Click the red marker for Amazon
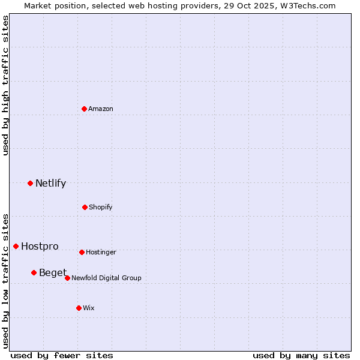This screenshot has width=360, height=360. click(85, 109)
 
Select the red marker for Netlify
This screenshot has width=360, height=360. click(30, 183)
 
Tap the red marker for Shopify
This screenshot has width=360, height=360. click(85, 207)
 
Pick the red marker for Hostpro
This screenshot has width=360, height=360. click(16, 246)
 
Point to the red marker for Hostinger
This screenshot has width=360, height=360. click(82, 252)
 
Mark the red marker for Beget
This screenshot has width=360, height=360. click(34, 272)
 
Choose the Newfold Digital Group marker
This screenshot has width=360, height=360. click(67, 278)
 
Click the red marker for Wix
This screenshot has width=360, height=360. click(79, 308)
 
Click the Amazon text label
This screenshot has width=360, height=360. click(101, 109)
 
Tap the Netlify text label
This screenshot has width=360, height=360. click(50, 183)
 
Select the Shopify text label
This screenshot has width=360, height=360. click(101, 207)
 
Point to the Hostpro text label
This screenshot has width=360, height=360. click(40, 246)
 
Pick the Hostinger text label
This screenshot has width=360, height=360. click(101, 252)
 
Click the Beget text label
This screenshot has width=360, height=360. click(53, 272)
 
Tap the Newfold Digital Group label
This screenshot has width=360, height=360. click(106, 278)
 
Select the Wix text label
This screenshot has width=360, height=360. click(89, 308)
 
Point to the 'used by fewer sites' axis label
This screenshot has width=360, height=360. click(62, 355)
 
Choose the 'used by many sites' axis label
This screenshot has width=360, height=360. click(301, 355)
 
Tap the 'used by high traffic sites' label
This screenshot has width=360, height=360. click(5, 85)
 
